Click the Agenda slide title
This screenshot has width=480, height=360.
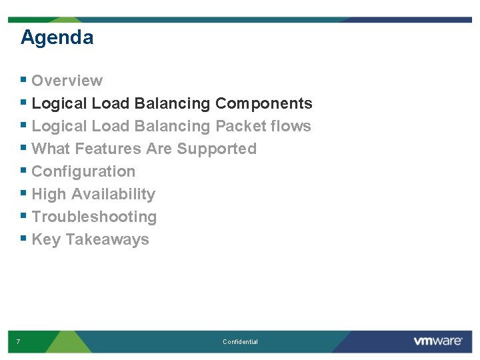(57, 37)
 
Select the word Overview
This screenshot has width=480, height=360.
(67, 81)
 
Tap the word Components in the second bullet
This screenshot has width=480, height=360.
(263, 103)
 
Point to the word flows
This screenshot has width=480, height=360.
(294, 126)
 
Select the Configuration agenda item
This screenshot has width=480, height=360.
(83, 171)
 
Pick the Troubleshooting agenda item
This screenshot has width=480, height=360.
(94, 217)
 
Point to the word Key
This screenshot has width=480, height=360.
(46, 240)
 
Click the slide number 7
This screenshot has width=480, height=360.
(18, 342)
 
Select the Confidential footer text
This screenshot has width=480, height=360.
(240, 342)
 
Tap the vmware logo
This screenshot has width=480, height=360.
(437, 341)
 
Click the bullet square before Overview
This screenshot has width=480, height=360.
(24, 80)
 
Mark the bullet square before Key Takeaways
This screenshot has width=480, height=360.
(24, 239)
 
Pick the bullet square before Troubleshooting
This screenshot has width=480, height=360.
(24, 216)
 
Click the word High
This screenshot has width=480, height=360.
(49, 195)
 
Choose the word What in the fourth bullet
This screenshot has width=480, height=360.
(49, 149)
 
